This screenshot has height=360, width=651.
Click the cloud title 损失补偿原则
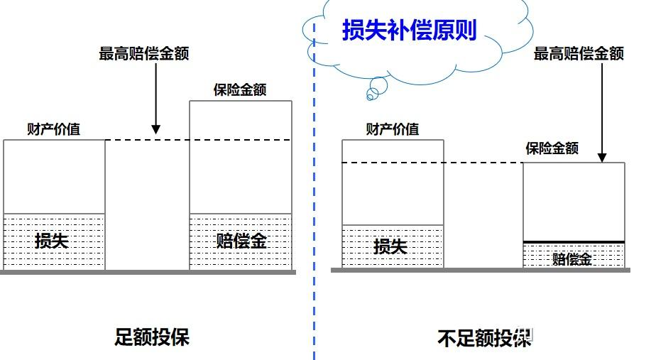coord(409,31)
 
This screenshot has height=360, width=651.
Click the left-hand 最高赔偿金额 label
coord(144,54)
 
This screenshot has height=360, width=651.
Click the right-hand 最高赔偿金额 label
coord(579,54)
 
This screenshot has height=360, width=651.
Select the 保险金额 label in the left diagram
coord(240,91)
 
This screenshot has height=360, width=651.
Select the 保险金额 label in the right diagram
coord(552,148)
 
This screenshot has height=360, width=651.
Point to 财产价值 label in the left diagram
coord(53,129)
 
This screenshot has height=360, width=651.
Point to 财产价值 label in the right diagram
coord(393,129)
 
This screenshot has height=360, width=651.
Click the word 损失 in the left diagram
coord(52,241)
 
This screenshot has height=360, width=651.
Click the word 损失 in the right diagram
coord(390,246)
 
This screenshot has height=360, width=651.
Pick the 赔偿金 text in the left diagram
coord(241,241)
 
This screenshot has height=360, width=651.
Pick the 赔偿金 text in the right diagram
coord(572,258)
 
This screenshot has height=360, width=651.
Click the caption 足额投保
coord(152,337)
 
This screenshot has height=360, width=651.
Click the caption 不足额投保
coord(484,338)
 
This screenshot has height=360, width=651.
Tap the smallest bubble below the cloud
coord(369,95)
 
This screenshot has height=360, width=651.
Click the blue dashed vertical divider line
coord(313,213)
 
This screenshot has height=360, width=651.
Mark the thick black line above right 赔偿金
coord(574,242)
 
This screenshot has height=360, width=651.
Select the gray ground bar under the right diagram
coord(480,270)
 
